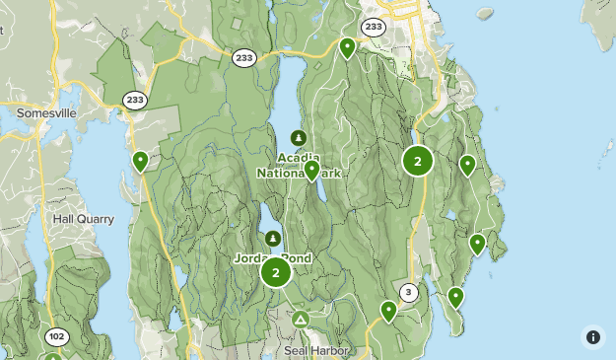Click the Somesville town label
click(47, 113)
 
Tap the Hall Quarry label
click(84, 219)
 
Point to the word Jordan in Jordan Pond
click(254, 258)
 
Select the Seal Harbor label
click(310, 350)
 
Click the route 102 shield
click(56, 337)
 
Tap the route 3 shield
click(408, 292)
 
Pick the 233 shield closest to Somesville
click(135, 100)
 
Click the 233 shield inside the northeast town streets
click(373, 27)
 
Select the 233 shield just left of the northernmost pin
click(244, 58)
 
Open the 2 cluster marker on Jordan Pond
click(276, 272)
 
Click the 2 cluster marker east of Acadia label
click(418, 160)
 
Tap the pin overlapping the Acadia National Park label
click(311, 171)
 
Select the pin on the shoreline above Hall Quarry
click(141, 161)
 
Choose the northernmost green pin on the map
click(347, 46)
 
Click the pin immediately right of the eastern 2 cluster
click(467, 165)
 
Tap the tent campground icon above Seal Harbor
click(300, 321)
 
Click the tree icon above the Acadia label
click(298, 137)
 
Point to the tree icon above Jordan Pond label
click(273, 239)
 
